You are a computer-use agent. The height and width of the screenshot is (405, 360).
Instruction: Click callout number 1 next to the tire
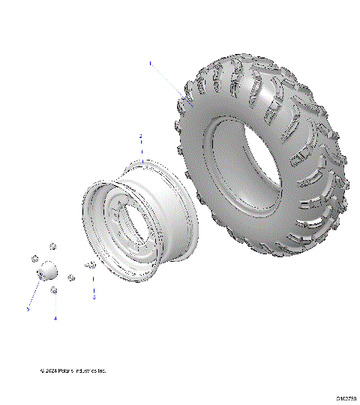pyautogui.click(x=150, y=64)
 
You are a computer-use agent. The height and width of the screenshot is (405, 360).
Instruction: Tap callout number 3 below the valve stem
pyautogui.click(x=94, y=298)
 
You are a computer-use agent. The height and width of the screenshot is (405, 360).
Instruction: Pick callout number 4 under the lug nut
pyautogui.click(x=55, y=318)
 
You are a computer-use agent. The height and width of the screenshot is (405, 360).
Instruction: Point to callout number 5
pyautogui.click(x=28, y=308)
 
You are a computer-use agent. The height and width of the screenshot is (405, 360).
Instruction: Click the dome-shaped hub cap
pyautogui.click(x=46, y=268)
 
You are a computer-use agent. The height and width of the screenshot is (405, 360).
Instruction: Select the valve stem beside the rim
pyautogui.click(x=91, y=264)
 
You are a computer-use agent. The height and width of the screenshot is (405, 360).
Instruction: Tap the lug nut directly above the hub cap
pyautogui.click(x=53, y=245)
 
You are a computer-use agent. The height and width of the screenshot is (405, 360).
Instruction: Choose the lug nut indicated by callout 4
pyautogui.click(x=54, y=289)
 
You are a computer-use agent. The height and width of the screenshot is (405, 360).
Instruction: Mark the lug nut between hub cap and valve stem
pyautogui.click(x=70, y=277)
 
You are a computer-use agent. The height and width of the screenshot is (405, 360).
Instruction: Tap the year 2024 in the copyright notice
pyautogui.click(x=51, y=370)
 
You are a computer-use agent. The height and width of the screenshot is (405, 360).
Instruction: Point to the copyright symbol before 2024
pyautogui.click(x=42, y=370)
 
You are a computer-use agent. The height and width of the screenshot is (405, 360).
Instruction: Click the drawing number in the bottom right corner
pyautogui.click(x=346, y=398)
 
